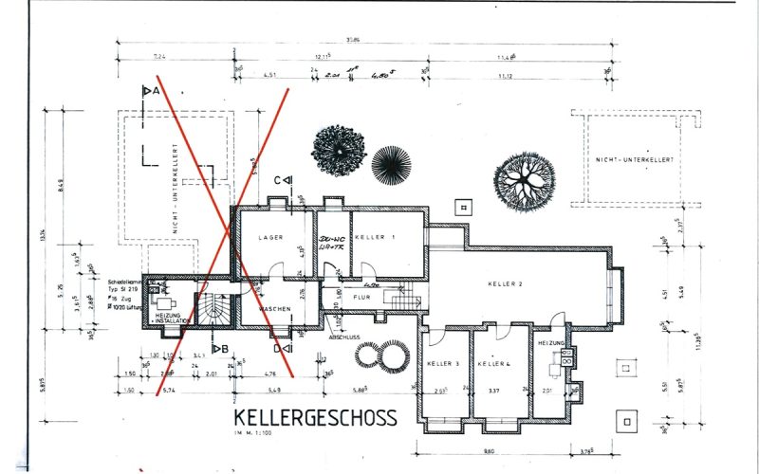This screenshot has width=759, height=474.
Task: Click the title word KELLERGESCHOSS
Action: [x=315, y=418]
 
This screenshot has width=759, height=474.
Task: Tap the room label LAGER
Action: [x=268, y=236]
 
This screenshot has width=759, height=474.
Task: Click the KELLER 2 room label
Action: [x=507, y=283]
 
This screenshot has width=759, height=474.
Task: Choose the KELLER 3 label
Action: [x=444, y=364]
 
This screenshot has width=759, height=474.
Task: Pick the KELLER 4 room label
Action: [x=494, y=364]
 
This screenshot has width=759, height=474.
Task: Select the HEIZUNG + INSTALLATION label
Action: [x=169, y=319]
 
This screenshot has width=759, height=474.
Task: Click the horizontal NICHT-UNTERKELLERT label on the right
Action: [x=637, y=160]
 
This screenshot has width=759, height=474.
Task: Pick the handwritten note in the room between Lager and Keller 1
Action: [x=331, y=242]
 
